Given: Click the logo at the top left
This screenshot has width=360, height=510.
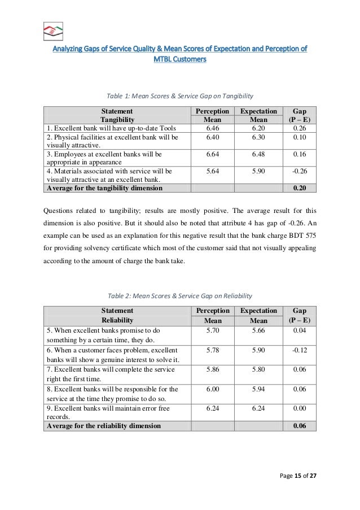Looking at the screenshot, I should pos(53,31).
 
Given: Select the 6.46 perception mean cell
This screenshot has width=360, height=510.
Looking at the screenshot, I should pos(212,129).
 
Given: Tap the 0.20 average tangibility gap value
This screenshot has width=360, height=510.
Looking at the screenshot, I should pos(300,188).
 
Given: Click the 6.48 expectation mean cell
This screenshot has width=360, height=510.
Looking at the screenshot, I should pos(258,154).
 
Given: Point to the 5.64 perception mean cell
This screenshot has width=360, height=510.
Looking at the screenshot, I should pos(212,170).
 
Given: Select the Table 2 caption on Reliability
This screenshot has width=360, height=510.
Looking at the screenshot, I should pos(180,295).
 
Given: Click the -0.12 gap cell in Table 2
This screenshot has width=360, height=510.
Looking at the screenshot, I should pos(300,351).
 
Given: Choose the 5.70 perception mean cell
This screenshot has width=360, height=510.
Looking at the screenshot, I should pos(212,330).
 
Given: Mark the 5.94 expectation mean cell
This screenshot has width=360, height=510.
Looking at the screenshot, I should pos(258,389).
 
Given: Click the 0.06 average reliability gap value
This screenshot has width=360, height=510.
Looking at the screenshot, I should pos(300,426).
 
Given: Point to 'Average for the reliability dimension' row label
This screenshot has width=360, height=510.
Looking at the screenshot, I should pos(104,426).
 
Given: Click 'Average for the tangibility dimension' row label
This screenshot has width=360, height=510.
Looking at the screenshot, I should pos(104,188).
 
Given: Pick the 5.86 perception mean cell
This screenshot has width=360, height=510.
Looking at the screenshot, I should pos(212,369).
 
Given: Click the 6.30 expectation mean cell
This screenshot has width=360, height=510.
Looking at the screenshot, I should pos(258,137).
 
